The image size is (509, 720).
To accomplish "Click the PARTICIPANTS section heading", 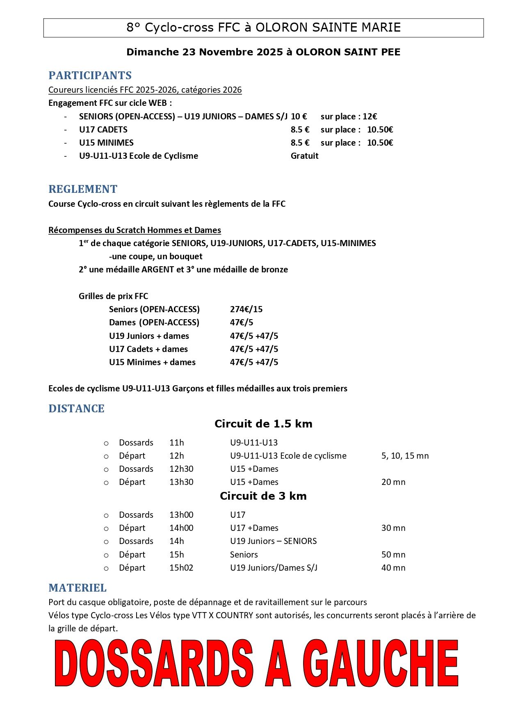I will coord(90,75).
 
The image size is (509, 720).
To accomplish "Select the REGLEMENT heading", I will coord(83,189).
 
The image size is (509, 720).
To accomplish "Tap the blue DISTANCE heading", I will coord(76,409).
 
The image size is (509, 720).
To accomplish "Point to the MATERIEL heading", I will coord(78,588).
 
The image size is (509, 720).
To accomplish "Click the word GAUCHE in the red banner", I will coord(381,663).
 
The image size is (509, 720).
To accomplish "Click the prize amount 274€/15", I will coord(246,309).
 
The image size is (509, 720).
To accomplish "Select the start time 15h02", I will coord(181,568).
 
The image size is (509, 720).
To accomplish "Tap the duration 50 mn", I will coord(393,555).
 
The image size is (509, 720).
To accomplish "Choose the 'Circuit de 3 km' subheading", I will coord(263,496).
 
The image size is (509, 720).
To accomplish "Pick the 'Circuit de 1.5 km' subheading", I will coord(263,424).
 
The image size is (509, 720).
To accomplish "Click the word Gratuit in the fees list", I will coord(304,156).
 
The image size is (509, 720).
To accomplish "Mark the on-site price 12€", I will coord(370,117).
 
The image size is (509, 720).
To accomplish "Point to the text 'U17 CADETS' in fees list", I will coord(103,130).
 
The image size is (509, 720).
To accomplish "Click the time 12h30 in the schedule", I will coord(181,469).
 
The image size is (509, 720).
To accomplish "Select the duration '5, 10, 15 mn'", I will coord(405,456).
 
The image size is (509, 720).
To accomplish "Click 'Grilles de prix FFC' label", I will coord(113,296).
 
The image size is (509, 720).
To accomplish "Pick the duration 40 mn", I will coord(393,568).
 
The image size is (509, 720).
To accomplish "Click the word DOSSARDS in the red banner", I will coord(154,663).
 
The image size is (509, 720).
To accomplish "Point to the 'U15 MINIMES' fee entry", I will coord(106,143).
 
